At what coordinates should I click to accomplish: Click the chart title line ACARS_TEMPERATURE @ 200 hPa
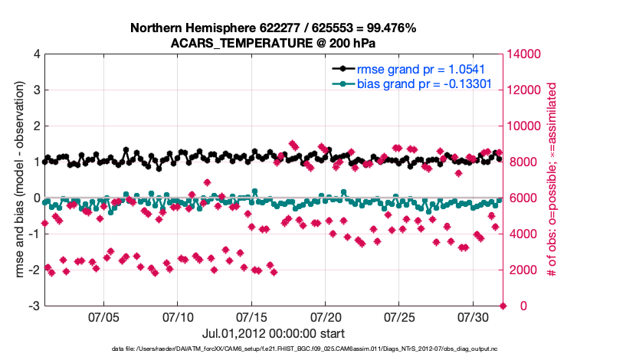click(273, 42)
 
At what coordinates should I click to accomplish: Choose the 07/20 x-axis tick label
click(325, 316)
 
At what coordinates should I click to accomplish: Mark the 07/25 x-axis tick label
click(399, 316)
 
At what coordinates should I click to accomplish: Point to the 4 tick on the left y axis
click(36, 54)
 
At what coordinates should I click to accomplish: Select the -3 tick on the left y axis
click(34, 306)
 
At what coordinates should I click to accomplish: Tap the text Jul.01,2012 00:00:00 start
click(273, 333)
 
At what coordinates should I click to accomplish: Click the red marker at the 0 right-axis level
click(503, 306)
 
